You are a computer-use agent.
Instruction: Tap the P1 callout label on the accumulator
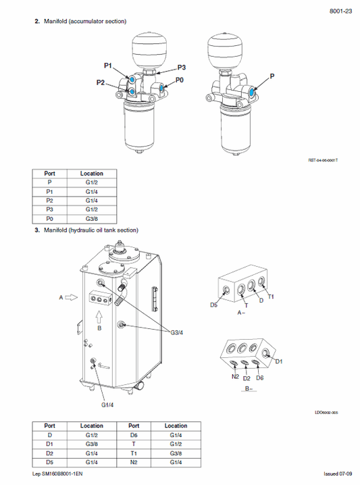click(x=108, y=66)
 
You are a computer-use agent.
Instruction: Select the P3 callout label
click(x=181, y=68)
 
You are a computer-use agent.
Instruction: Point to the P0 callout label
click(x=179, y=80)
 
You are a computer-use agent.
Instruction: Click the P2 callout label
click(x=101, y=82)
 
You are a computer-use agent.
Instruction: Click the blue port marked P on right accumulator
click(x=253, y=92)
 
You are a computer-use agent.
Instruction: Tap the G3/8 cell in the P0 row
click(x=92, y=218)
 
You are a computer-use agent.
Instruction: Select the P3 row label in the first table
click(x=49, y=209)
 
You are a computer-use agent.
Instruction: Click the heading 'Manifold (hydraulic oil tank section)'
click(x=91, y=230)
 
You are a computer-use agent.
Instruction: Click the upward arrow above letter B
click(x=99, y=315)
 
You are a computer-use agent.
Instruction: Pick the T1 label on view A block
click(x=271, y=297)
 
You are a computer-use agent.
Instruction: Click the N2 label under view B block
click(x=234, y=376)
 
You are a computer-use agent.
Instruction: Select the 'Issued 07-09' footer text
click(x=337, y=475)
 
